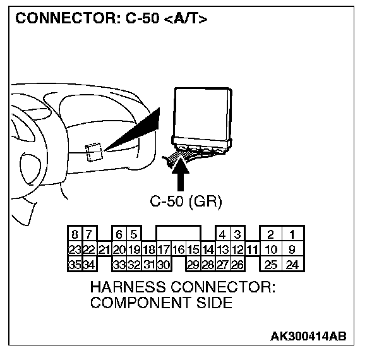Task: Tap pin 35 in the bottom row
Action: tap(75, 264)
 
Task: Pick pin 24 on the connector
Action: tap(292, 264)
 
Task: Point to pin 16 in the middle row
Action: tap(178, 249)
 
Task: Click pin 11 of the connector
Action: tap(253, 249)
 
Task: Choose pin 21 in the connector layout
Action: tap(104, 249)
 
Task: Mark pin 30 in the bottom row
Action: tap(164, 264)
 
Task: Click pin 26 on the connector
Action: tap(237, 264)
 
